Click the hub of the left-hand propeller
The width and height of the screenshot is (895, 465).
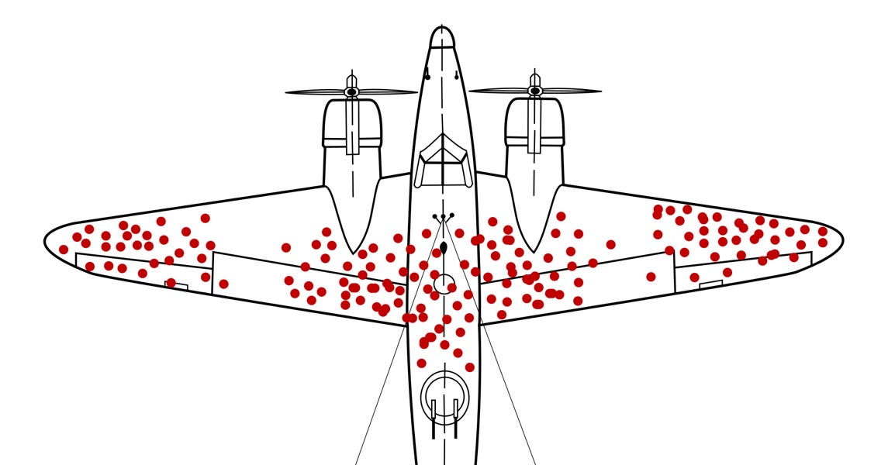click(351, 92)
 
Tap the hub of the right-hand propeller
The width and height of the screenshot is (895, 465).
click(534, 91)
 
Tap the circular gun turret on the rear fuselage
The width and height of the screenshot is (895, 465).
click(444, 396)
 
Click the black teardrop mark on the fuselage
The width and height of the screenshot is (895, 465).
click(443, 248)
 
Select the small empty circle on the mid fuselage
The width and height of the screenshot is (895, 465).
click(444, 284)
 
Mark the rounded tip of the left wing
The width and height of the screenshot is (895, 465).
click(48, 241)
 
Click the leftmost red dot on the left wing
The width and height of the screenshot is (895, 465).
click(64, 250)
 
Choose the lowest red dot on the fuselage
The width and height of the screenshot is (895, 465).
click(469, 367)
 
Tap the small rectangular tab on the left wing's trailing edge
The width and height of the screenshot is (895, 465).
click(177, 286)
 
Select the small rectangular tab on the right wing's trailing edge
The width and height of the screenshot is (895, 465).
click(710, 284)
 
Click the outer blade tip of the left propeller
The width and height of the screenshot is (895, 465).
click(289, 93)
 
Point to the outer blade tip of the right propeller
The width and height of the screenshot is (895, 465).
click(598, 91)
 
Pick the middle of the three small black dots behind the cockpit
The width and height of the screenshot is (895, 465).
click(443, 217)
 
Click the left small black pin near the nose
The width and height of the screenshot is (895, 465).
click(427, 75)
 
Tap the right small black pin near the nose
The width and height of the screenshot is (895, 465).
click(456, 75)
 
